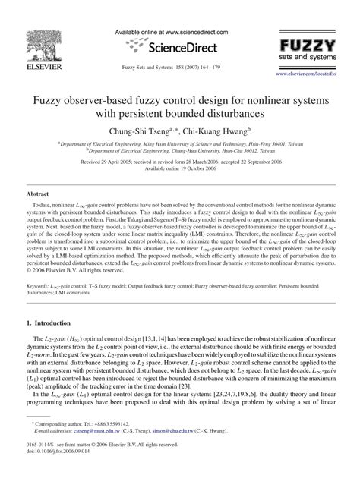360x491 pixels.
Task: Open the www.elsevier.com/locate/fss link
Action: pos(314,74)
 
